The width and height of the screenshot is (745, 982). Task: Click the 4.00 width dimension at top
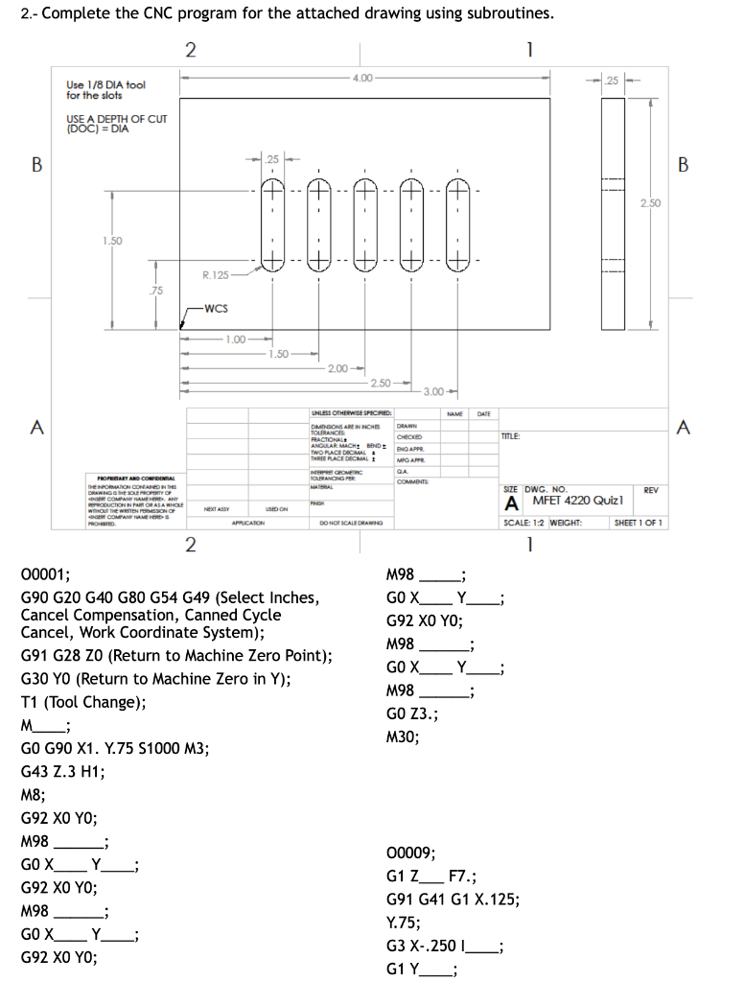(362, 77)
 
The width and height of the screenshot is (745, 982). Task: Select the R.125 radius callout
(214, 275)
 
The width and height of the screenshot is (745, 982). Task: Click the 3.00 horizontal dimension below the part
(433, 391)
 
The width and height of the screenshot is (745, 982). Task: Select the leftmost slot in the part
(272, 221)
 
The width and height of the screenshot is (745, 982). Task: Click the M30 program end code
(402, 736)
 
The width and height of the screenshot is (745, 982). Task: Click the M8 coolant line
(32, 795)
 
